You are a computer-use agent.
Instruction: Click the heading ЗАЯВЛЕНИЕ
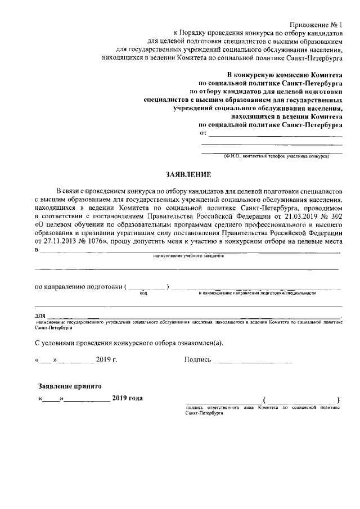pyautogui.click(x=188, y=174)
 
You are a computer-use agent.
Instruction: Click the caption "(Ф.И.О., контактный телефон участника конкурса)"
pyautogui.click(x=276, y=156)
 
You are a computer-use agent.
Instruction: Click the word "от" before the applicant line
pyautogui.click(x=204, y=133)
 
